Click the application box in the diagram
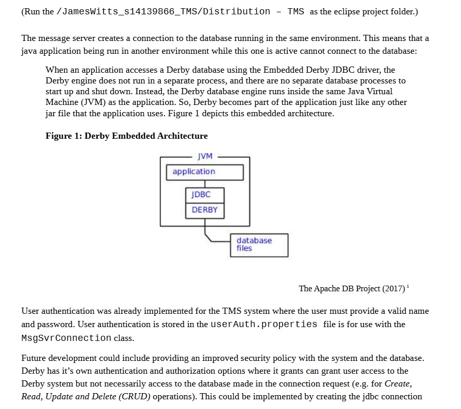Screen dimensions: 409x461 click(x=204, y=172)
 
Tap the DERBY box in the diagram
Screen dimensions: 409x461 click(x=204, y=210)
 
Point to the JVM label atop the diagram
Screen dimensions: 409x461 click(x=204, y=156)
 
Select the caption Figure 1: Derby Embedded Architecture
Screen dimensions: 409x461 click(x=127, y=136)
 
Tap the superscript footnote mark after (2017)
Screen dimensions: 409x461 click(x=408, y=286)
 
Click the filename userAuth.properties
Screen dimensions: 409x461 click(x=264, y=325)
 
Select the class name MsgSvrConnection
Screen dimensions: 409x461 click(x=66, y=338)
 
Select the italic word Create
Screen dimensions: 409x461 click(x=397, y=383)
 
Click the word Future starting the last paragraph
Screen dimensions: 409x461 click(x=34, y=358)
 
